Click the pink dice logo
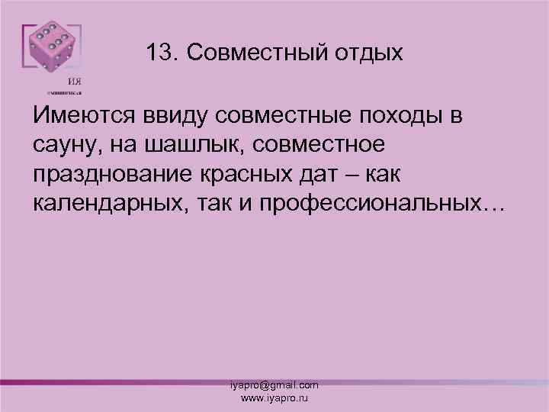(x=50, y=50)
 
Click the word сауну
(x=63, y=145)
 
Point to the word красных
(x=249, y=174)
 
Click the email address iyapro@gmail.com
(x=274, y=386)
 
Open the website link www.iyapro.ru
(x=274, y=398)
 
